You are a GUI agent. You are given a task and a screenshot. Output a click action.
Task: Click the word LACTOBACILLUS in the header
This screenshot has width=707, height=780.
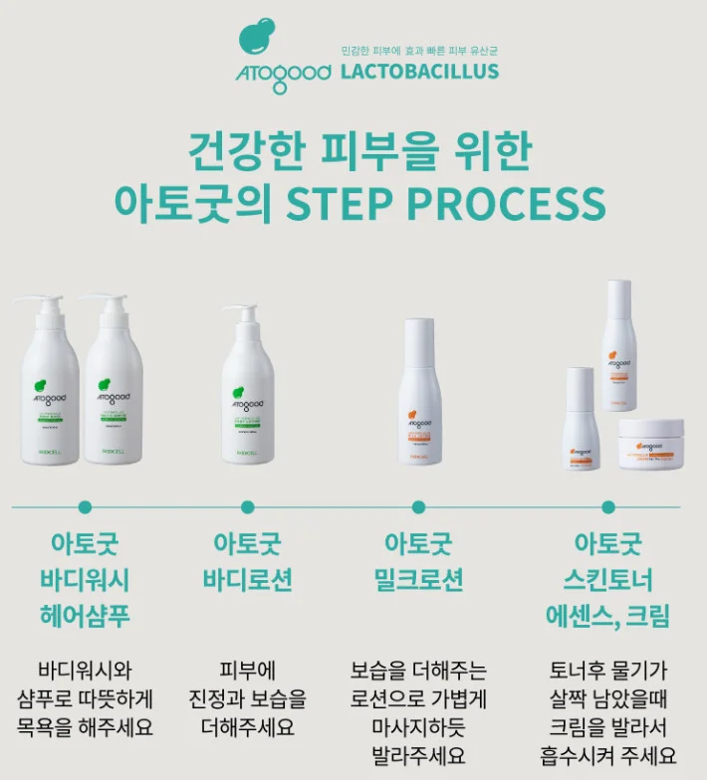click(419, 71)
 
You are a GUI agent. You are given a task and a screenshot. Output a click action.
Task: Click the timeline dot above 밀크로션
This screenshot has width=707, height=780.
click(418, 506)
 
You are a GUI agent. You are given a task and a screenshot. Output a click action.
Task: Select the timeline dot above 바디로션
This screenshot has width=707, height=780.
click(247, 506)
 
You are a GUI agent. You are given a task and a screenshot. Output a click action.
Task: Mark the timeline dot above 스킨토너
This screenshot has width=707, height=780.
click(607, 506)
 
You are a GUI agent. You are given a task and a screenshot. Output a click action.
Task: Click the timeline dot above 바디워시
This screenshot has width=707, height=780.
click(85, 506)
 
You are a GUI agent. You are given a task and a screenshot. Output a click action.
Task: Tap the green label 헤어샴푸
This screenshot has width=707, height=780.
click(85, 616)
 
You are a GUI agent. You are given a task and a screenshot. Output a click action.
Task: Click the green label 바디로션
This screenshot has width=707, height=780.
click(247, 580)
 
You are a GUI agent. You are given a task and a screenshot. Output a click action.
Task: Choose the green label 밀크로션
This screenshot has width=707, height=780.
click(418, 580)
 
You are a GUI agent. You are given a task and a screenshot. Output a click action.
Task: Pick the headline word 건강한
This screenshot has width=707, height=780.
click(248, 152)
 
